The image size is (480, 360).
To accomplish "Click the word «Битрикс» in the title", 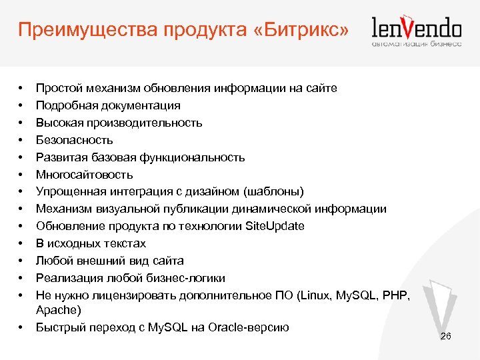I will (304, 29).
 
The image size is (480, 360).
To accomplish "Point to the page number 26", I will (446, 336).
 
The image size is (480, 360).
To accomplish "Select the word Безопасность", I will (75, 140).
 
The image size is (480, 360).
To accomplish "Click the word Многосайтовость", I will (85, 175).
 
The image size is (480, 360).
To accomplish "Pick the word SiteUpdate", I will (275, 226).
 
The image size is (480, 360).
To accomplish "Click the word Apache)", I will (59, 310).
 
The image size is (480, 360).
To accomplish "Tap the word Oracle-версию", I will (249, 327).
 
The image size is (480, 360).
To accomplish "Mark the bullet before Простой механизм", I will (21, 89).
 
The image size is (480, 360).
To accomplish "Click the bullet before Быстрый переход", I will (21, 328).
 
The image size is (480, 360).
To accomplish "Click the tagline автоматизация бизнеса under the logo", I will (417, 44).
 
